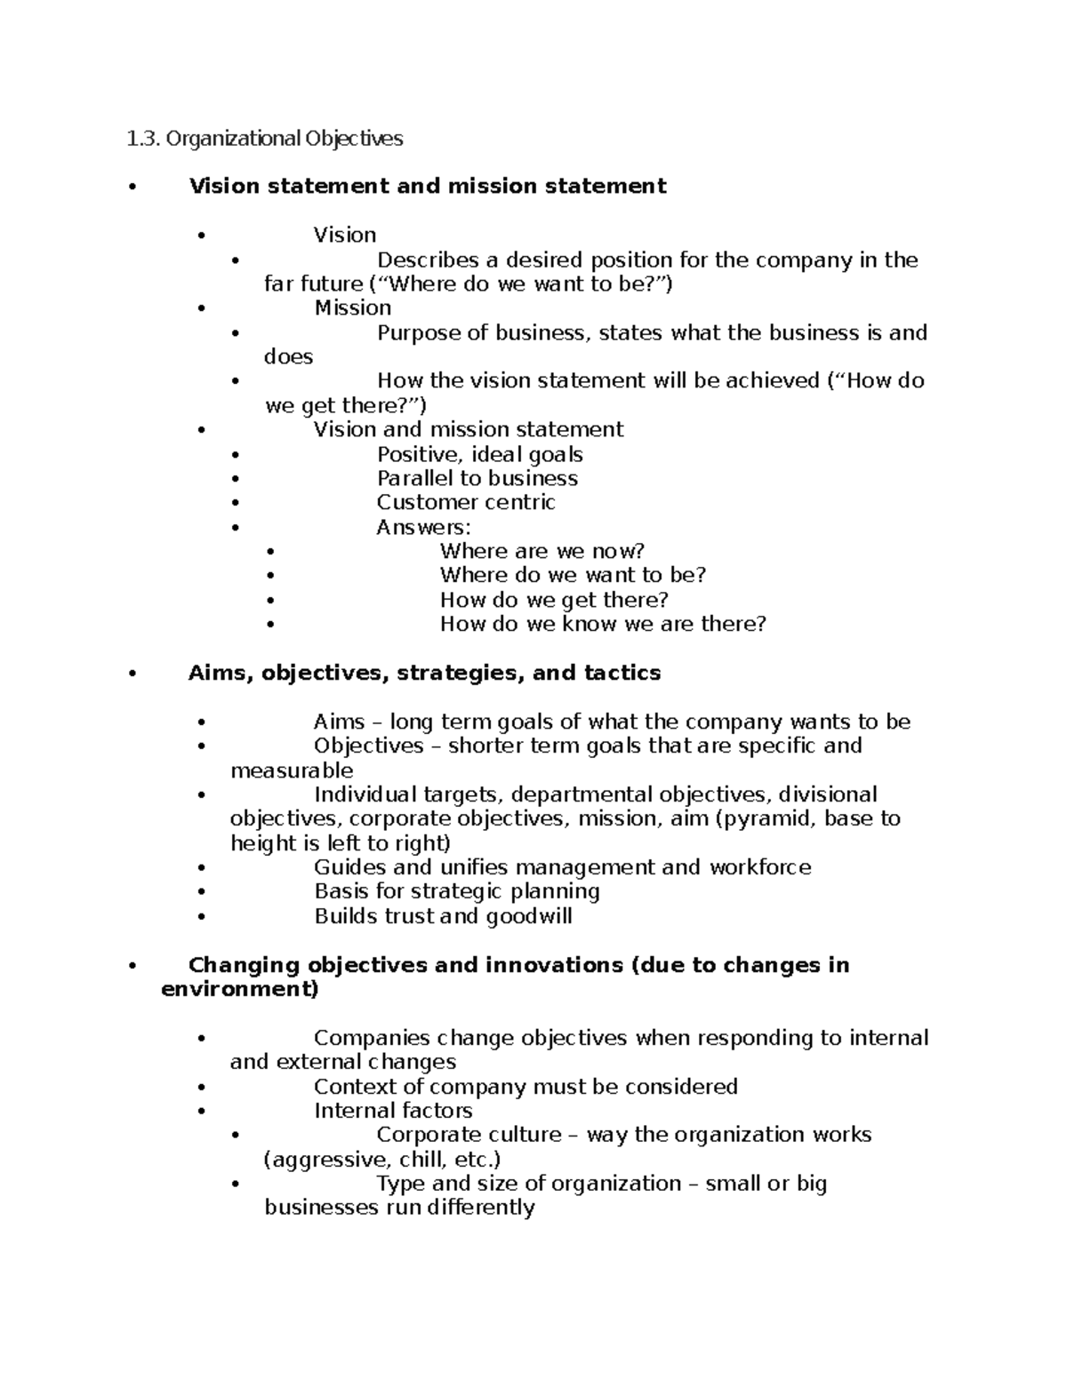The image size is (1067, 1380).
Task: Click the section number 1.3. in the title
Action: coord(142,139)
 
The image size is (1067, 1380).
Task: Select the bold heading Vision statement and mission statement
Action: coord(427,187)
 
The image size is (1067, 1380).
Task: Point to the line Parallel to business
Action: coord(477,479)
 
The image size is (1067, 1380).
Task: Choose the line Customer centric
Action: coord(465,503)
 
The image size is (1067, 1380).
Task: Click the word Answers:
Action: coord(423,528)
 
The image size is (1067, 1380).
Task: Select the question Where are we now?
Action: coord(542,552)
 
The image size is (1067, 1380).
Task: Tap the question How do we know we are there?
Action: coord(602,625)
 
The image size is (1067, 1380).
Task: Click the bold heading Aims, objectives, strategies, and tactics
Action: coord(424,674)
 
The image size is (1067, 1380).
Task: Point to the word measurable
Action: coord(292,771)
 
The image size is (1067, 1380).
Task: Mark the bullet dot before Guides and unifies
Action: coord(203,868)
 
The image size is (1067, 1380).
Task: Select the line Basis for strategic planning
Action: coord(456,892)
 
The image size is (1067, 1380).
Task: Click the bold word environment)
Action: coord(239,990)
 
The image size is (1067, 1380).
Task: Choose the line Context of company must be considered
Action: coord(525,1088)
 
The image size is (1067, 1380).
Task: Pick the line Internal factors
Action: coord(393,1112)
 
